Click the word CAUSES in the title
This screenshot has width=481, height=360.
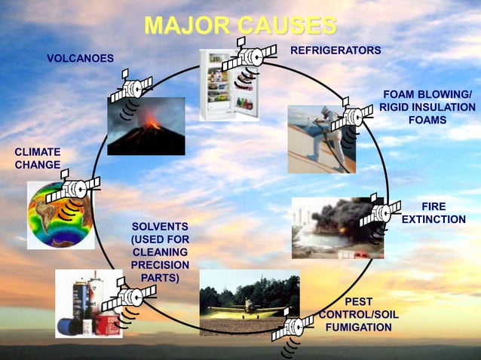(286, 25)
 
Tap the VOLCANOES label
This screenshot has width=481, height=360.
(80, 58)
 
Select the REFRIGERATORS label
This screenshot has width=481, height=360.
(335, 50)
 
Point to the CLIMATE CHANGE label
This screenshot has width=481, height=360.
(37, 159)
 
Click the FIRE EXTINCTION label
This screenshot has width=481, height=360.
(434, 212)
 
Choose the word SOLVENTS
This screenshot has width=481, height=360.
(160, 227)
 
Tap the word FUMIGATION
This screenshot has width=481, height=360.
(358, 327)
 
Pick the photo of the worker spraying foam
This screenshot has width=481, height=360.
(320, 139)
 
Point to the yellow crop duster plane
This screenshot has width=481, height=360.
(245, 308)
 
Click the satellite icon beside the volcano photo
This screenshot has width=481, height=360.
(131, 88)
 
